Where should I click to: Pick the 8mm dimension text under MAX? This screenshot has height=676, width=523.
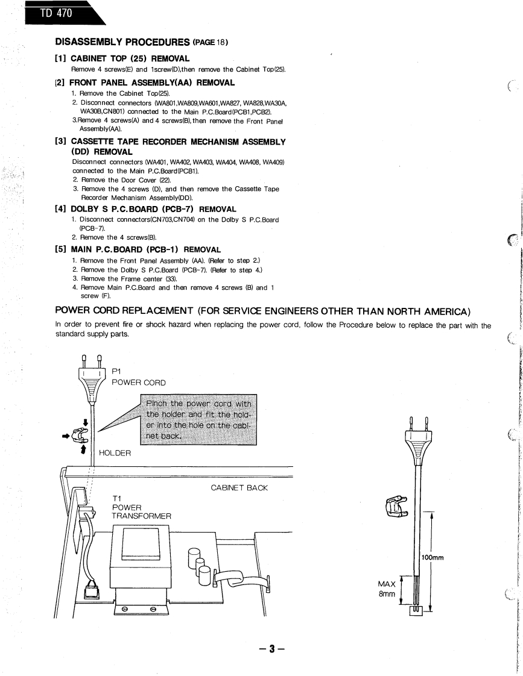pos(386,593)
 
